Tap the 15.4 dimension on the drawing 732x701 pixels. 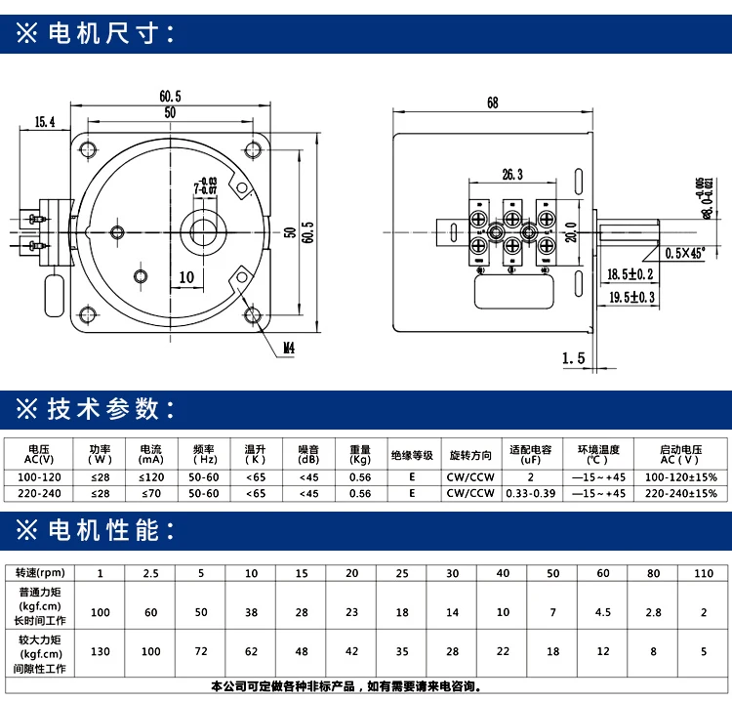tap(44, 122)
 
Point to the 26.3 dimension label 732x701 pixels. tap(513, 175)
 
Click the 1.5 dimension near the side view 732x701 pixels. tap(573, 358)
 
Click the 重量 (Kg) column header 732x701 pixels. tap(360, 454)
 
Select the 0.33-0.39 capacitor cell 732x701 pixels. tap(530, 493)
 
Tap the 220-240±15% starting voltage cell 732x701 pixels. tap(681, 493)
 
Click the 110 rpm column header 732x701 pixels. tap(701, 572)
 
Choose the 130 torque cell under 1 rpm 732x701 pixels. tap(99, 650)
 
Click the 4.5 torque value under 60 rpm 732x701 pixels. tap(602, 612)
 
